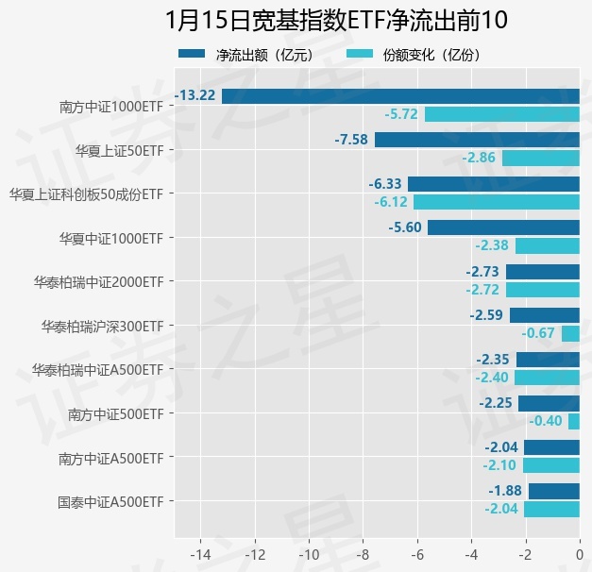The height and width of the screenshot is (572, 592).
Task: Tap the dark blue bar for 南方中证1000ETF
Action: pos(400,95)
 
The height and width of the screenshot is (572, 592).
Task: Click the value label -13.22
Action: pos(195,95)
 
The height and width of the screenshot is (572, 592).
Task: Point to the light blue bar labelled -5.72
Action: pos(501,114)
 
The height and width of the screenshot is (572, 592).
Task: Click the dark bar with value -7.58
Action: pos(477,140)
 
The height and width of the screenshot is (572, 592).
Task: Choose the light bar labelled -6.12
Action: pos(496,202)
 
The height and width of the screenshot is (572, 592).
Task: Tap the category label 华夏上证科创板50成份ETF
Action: pos(87,193)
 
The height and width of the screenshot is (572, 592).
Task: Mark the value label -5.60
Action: pos(404,227)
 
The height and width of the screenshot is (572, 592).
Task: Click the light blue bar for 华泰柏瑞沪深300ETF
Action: pos(570,333)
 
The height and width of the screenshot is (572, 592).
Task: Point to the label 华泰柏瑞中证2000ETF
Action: pos(99,281)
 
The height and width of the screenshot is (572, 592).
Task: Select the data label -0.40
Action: pos(546,421)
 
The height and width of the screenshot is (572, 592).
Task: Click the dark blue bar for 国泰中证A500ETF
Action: pos(553,491)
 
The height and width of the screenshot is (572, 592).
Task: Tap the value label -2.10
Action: pos(499,465)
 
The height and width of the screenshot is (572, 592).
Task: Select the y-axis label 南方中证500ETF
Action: pos(116,413)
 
